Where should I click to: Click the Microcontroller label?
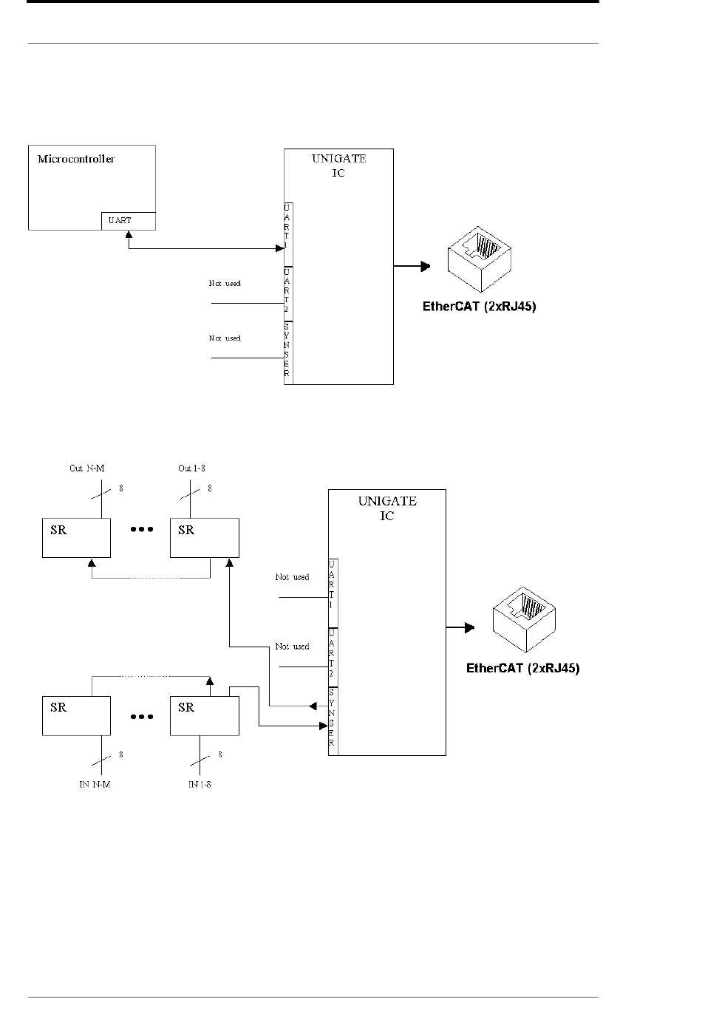click(76, 159)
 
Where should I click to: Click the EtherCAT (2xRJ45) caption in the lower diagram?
click(522, 669)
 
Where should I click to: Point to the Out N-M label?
click(86, 468)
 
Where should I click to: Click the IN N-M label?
click(95, 784)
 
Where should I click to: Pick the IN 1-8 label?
click(200, 784)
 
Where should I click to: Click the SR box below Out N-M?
click(76, 538)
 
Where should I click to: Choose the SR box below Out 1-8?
click(205, 538)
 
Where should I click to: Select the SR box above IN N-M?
click(76, 715)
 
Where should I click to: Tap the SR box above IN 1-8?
click(205, 715)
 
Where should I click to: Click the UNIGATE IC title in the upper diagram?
click(338, 166)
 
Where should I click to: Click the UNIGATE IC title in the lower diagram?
click(387, 508)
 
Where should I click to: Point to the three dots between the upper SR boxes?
click(141, 530)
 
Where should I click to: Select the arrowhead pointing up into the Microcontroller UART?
click(129, 234)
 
